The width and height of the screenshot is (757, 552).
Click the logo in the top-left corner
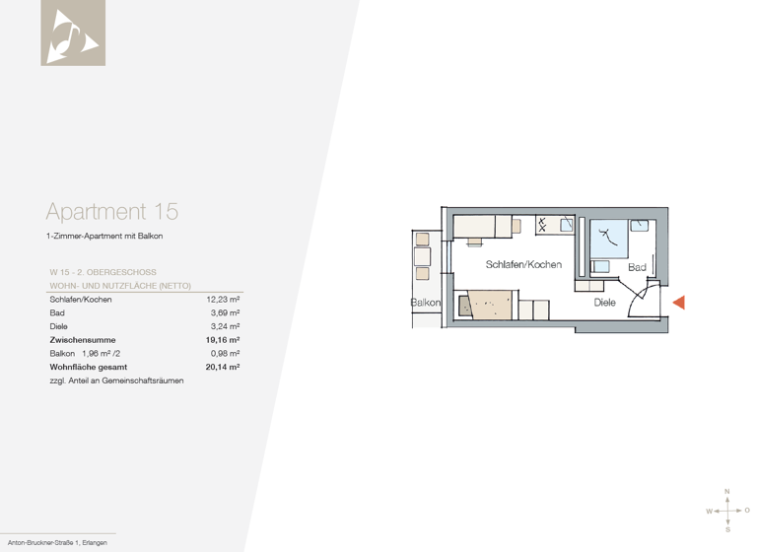pyautogui.click(x=73, y=33)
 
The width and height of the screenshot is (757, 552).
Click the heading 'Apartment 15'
pyautogui.click(x=111, y=211)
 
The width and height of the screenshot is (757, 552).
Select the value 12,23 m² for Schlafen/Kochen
pyautogui.click(x=223, y=299)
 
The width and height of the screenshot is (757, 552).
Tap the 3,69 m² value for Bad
pyautogui.click(x=226, y=312)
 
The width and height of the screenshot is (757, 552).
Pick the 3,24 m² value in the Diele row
pyautogui.click(x=226, y=325)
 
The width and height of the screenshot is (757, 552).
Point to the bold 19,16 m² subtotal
pyautogui.click(x=223, y=340)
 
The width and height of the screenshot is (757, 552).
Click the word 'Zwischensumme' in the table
pyautogui.click(x=82, y=340)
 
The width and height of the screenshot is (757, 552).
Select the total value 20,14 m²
pyautogui.click(x=223, y=367)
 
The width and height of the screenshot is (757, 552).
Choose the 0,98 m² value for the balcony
pyautogui.click(x=226, y=353)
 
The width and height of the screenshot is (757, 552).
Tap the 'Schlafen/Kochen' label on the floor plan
pyautogui.click(x=523, y=265)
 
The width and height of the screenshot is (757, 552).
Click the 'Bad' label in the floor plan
pyautogui.click(x=637, y=267)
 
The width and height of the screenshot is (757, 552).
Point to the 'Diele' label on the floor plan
pyautogui.click(x=604, y=303)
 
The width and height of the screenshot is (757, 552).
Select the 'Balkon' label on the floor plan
pyautogui.click(x=426, y=303)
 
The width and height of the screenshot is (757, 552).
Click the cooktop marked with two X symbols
pyautogui.click(x=543, y=225)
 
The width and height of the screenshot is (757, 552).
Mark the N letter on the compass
pyautogui.click(x=727, y=491)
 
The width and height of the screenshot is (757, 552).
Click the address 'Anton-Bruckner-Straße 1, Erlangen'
pyautogui.click(x=57, y=544)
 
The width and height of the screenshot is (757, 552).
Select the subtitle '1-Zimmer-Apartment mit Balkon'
pyautogui.click(x=104, y=237)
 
